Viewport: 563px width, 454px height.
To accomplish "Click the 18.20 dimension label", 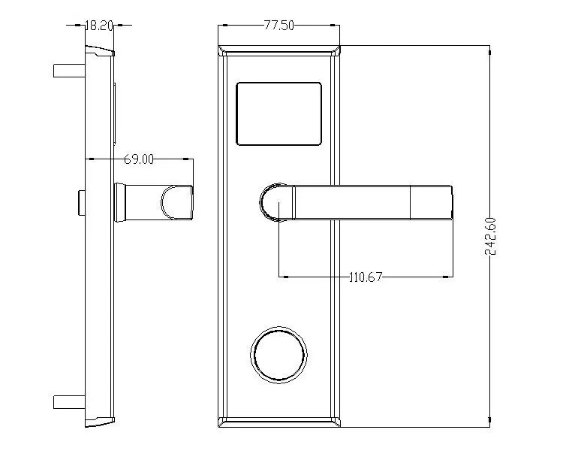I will click(98, 25).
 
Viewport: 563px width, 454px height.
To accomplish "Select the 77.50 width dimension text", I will click(278, 25).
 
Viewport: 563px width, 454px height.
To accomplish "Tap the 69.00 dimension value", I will click(139, 159).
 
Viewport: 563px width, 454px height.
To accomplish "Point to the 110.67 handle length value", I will click(366, 277).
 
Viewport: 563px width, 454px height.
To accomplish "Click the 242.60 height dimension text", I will click(491, 236).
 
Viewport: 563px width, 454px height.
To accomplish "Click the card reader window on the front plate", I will click(278, 113).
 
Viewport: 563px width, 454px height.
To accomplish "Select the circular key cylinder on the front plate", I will click(279, 356).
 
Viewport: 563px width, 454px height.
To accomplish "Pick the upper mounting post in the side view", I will click(69, 71).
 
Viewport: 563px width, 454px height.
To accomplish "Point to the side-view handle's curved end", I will click(179, 202).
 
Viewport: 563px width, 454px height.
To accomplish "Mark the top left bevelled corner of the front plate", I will click(223, 50).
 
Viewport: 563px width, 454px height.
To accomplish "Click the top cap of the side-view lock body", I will click(99, 51).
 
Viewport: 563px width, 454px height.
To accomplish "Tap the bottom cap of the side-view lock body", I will click(99, 422).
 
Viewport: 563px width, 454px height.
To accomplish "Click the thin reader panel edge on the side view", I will click(115, 113).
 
